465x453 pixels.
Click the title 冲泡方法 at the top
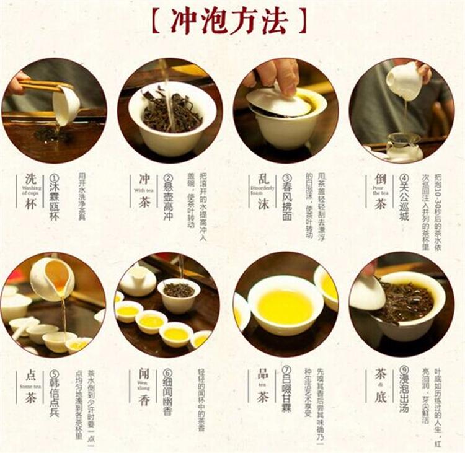(229, 21)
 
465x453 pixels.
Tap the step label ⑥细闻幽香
(167, 393)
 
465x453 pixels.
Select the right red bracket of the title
(303, 21)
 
